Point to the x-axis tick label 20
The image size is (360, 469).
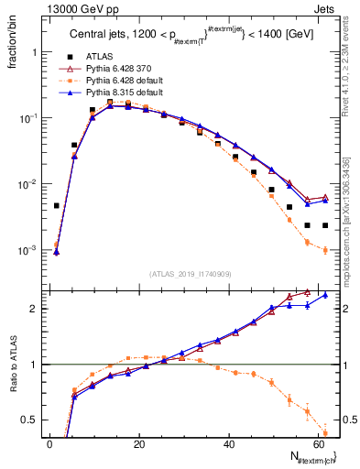coord(139,443)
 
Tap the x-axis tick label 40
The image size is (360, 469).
coord(229,443)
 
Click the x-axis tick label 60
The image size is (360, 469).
coord(318,443)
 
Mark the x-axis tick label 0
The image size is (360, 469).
coord(49,443)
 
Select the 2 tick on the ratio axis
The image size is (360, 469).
coord(37,309)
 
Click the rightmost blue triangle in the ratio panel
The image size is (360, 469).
coord(325,295)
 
